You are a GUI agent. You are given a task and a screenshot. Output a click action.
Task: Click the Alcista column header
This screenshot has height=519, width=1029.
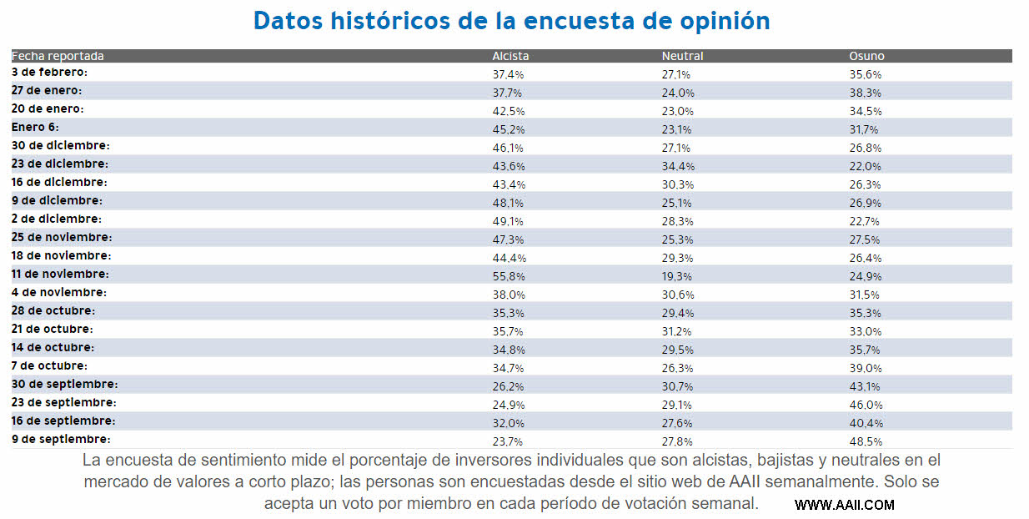510,56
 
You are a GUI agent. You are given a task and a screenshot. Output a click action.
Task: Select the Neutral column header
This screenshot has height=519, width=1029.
682,56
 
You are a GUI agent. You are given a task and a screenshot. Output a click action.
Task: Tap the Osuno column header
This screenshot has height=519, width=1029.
866,56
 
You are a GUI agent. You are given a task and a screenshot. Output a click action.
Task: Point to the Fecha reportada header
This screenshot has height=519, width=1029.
58,56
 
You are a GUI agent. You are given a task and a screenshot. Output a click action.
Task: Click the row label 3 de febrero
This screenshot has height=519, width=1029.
49,73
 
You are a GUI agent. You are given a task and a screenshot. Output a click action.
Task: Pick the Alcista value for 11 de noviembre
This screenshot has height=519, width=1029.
508,276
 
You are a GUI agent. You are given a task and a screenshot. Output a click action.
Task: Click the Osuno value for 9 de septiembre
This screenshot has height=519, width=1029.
866,441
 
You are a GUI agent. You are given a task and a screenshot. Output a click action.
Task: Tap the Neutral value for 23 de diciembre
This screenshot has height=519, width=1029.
678,166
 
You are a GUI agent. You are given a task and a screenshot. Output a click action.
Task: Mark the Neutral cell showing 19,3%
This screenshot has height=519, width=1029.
677,276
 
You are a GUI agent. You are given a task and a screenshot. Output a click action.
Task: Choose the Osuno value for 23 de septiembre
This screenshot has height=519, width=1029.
866,405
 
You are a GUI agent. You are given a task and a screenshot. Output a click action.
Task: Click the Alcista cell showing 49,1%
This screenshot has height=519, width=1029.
508,221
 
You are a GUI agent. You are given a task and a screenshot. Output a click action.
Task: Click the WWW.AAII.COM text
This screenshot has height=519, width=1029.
844,505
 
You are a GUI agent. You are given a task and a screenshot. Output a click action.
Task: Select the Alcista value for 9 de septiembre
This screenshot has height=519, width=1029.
508,441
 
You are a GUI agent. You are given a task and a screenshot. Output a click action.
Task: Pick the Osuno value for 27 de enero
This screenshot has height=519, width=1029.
866,93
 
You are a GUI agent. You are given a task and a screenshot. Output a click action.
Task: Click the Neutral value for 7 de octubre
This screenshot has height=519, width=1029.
677,368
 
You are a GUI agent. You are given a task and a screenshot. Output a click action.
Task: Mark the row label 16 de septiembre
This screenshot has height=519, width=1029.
63,421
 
